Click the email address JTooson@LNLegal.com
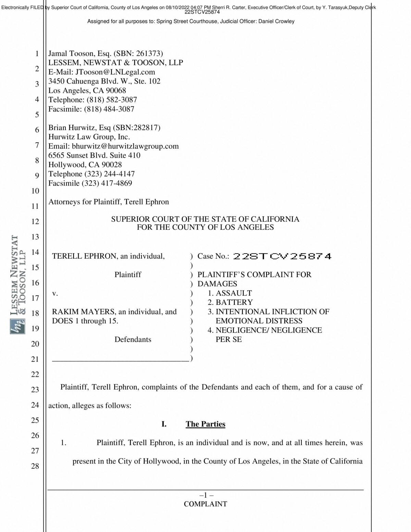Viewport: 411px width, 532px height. [115, 72]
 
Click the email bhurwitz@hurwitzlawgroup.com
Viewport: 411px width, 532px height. [125, 146]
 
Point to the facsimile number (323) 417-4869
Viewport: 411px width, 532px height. [107, 183]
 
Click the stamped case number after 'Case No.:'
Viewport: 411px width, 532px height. [282, 256]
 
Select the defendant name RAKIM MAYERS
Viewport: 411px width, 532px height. [83, 312]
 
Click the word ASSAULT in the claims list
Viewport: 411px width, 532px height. [234, 293]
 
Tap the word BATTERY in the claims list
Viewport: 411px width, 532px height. [234, 302]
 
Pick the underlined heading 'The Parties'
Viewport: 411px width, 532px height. [206, 424]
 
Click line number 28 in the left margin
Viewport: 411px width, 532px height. [35, 466]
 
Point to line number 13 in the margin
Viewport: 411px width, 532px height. [35, 237]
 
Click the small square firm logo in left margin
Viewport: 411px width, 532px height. [17, 326]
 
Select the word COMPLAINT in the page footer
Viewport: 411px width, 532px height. [205, 504]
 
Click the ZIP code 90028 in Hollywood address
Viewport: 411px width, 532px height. [112, 165]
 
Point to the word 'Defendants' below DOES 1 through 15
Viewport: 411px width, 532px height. [133, 339]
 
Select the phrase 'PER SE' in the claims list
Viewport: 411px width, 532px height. [228, 339]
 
